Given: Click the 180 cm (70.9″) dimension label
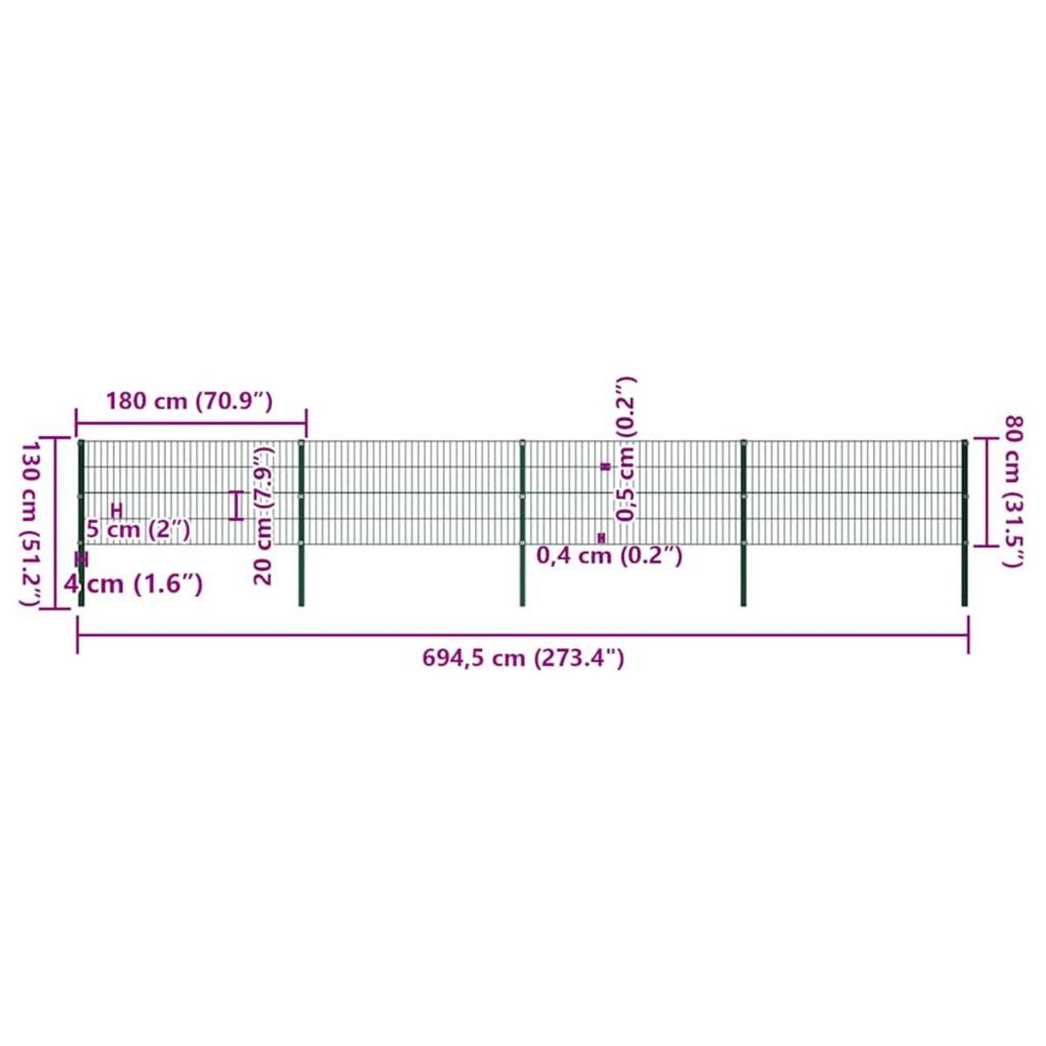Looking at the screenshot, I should point(189,402).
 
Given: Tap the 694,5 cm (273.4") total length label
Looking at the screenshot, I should point(523,658).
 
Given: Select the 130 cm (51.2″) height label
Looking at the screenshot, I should point(31,524).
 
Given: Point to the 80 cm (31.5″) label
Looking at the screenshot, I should point(1014,492).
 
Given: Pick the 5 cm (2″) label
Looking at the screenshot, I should point(139,529).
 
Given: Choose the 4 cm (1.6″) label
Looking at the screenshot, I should point(133,583).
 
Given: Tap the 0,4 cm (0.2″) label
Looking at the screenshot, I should point(609,555).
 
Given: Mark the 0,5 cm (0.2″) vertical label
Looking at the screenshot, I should point(626,449).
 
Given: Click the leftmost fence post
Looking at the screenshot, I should point(81,523).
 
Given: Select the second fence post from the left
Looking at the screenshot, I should point(302,523).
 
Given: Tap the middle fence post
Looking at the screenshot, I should point(522,523).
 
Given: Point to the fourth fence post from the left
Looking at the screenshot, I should point(744,523).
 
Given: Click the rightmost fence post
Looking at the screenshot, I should point(965,523).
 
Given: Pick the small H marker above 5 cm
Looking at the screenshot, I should point(116,510).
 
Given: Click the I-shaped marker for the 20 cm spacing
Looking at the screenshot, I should point(235,506).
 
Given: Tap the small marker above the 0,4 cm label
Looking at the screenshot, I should point(601,538).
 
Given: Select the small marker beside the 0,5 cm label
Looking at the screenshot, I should point(606,467).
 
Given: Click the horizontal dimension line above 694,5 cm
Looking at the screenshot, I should point(523,635).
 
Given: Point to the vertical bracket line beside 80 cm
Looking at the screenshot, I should point(987,492).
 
